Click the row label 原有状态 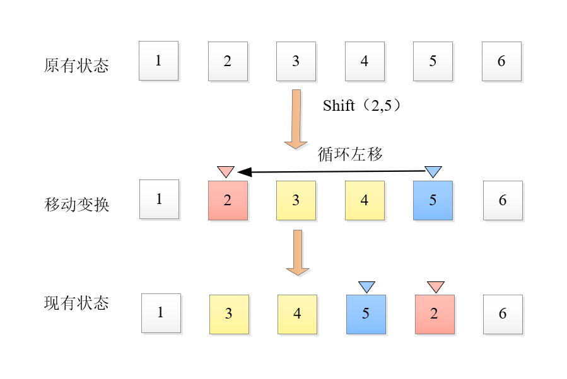tap(76, 65)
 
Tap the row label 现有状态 tap(76, 303)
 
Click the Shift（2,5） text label tap(362, 106)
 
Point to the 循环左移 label tap(351, 154)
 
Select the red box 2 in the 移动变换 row tap(228, 201)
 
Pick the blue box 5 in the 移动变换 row tap(433, 201)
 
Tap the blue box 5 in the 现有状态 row tap(366, 314)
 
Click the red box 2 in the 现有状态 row tap(435, 314)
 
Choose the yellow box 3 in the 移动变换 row tap(296, 201)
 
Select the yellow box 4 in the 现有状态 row tap(297, 314)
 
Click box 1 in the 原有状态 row tap(158, 61)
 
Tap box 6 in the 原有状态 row tap(501, 61)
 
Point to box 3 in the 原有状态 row tap(296, 61)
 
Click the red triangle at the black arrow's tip tap(226, 171)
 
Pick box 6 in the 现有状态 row tap(503, 314)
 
